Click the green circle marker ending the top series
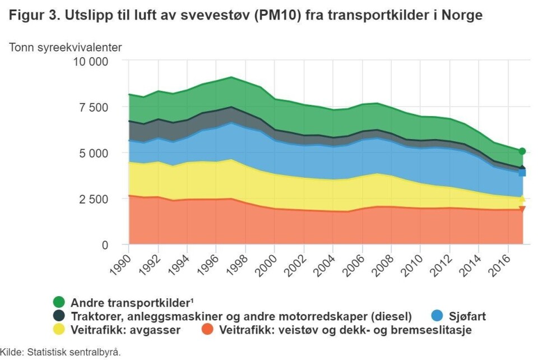click(522, 151)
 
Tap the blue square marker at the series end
click(522, 172)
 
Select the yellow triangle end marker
click(522, 198)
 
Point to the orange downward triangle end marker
click(522, 209)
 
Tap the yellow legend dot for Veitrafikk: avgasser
click(59, 330)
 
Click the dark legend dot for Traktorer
click(59, 316)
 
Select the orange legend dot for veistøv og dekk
click(207, 330)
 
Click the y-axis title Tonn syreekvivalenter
click(66, 47)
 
